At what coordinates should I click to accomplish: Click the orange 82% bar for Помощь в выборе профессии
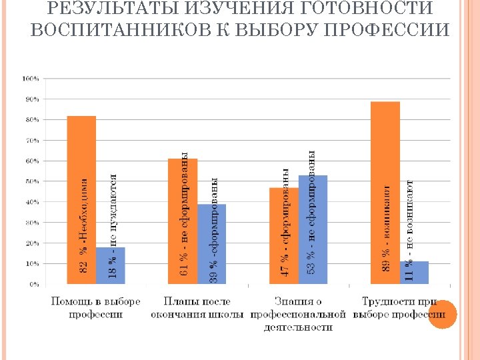(81, 200)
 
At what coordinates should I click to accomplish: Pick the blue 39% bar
(212, 244)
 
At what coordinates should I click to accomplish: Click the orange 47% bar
(284, 236)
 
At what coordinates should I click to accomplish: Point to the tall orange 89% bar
(385, 193)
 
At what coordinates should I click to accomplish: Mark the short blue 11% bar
(414, 273)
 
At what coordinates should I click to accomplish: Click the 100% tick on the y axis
(31, 78)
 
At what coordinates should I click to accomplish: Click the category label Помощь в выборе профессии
(96, 307)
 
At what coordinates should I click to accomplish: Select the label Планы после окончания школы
(197, 307)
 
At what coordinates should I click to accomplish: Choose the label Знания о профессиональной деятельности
(299, 314)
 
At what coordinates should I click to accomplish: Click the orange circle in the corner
(441, 315)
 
